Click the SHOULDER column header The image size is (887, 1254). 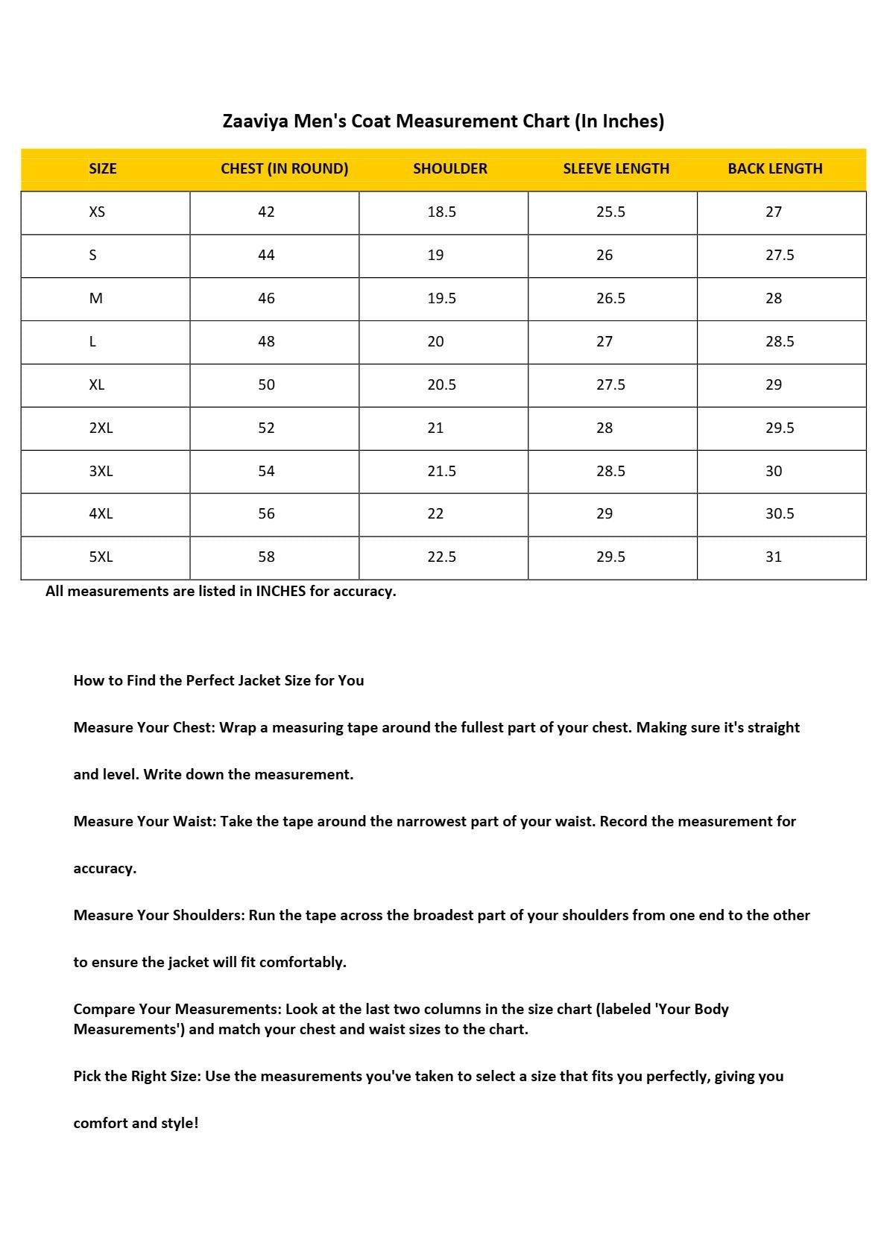click(x=449, y=168)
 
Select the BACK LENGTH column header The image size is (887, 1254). click(x=774, y=168)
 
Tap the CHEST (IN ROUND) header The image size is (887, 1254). click(x=284, y=168)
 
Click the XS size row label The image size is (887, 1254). click(x=97, y=212)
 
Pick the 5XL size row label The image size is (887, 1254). click(x=101, y=557)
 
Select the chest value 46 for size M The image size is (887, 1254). click(x=266, y=299)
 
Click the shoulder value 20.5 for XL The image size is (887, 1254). click(x=441, y=385)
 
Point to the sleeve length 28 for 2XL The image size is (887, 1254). click(x=605, y=428)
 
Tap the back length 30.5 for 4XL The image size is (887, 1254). click(x=780, y=514)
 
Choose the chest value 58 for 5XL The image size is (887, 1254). click(x=266, y=557)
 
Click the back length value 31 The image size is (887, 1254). click(x=774, y=557)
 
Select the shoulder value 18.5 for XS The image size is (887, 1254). click(x=441, y=212)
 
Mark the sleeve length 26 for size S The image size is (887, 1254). click(x=605, y=256)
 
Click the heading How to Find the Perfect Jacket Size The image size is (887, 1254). click(x=218, y=680)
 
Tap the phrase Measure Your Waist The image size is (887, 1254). click(x=145, y=821)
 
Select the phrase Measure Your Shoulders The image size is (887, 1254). click(x=159, y=915)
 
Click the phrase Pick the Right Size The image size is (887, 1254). click(x=137, y=1076)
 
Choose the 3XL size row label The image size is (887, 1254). click(x=101, y=472)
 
